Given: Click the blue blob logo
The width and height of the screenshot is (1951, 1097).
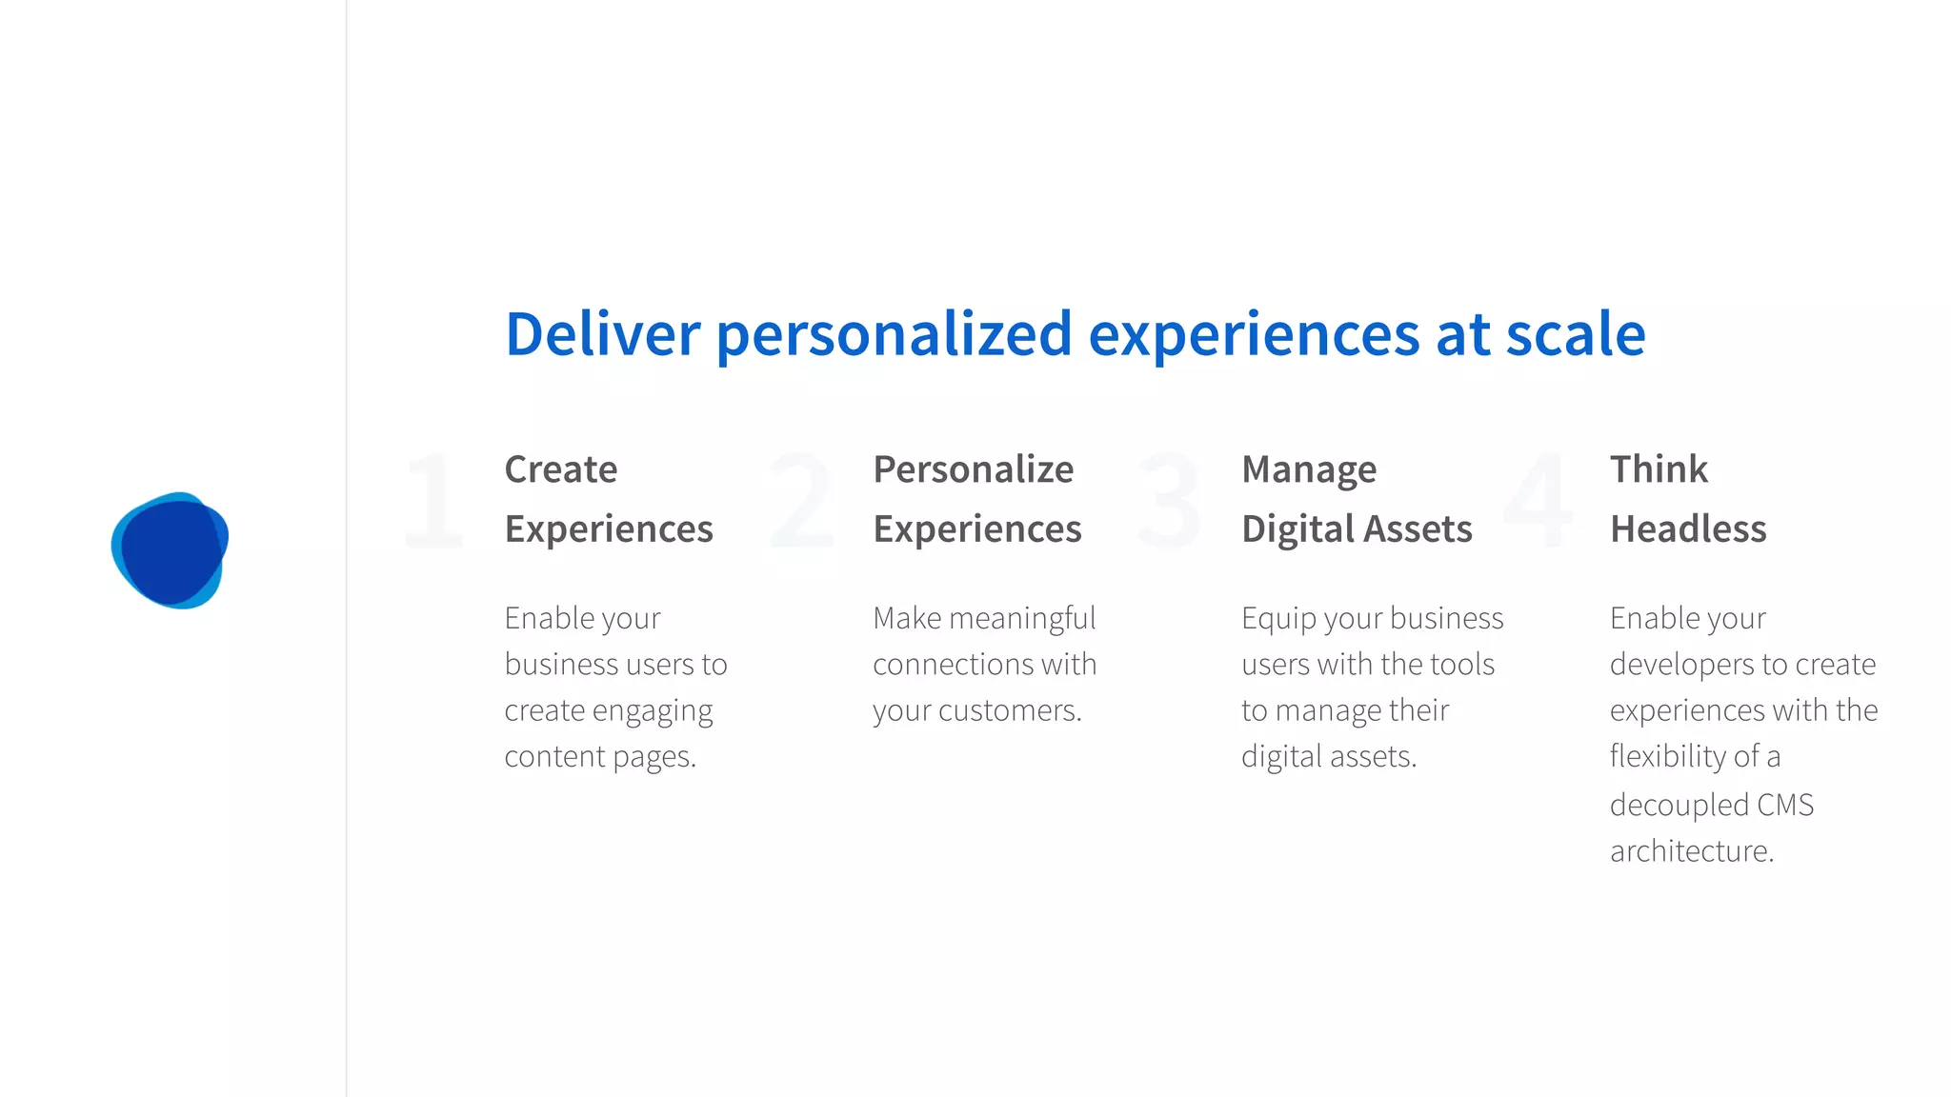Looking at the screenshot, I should click(170, 550).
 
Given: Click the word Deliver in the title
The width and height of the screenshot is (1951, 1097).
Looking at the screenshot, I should click(602, 334).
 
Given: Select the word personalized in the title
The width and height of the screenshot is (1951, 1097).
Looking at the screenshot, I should click(894, 334).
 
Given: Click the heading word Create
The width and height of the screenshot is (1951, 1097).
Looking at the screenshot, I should click(561, 469).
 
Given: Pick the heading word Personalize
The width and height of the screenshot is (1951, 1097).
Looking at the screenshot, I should click(973, 469).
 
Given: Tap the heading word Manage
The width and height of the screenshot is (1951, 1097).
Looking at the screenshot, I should click(1309, 469).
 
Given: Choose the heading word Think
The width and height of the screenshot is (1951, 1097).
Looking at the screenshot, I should click(1659, 469).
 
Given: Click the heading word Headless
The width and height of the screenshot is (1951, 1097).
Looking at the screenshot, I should click(1688, 529).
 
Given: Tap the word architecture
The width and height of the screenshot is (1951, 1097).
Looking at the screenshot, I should click(1691, 850).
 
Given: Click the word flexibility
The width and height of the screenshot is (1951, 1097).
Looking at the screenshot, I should click(1668, 756).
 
